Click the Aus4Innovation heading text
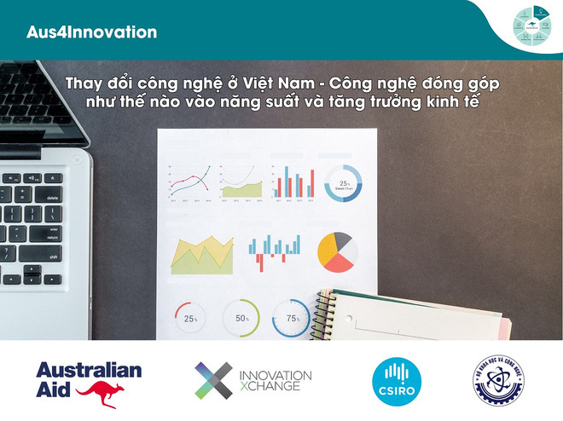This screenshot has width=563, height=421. tap(91, 32)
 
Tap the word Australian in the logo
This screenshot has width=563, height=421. tap(89, 371)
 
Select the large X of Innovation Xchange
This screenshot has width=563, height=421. tap(213, 380)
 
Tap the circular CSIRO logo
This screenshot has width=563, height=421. tap(394, 380)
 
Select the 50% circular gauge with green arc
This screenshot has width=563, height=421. tap(241, 318)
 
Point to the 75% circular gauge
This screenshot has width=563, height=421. tap(292, 318)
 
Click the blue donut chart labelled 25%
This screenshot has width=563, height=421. tap(344, 182)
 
